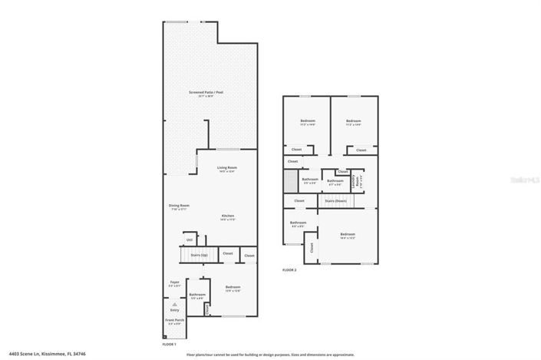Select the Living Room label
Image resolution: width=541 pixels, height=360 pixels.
click(226, 167)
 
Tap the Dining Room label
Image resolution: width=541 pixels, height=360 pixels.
click(179, 205)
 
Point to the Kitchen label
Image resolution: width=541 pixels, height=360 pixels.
click(228, 216)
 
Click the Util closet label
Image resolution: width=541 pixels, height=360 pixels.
click(189, 239)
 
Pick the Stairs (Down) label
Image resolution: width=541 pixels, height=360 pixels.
click(335, 200)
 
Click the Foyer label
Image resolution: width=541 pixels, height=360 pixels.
click(174, 282)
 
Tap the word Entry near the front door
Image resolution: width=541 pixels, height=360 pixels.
click(174, 310)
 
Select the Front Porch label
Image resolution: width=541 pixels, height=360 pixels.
click(174, 320)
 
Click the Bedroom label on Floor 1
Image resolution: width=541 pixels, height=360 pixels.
click(233, 289)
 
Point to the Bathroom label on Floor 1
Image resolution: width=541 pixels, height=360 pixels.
click(197, 294)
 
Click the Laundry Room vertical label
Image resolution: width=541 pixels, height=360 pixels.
click(355, 182)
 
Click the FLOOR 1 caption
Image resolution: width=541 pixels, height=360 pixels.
click(170, 345)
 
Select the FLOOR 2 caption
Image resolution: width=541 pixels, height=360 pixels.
click(289, 270)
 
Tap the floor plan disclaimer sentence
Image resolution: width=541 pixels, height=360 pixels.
click(270, 355)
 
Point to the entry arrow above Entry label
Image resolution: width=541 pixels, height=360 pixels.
click(174, 303)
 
